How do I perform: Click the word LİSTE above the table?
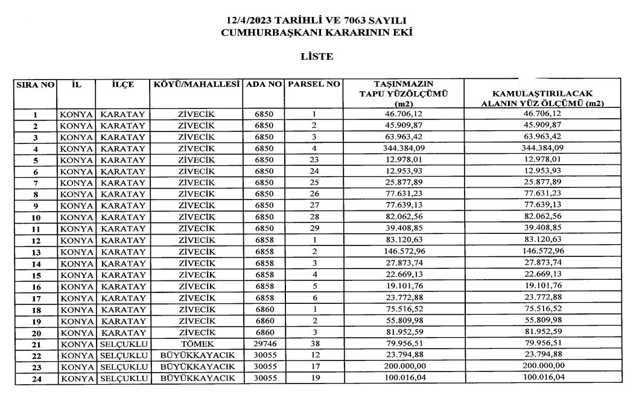coord(317,57)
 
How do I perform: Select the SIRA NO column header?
coord(36,85)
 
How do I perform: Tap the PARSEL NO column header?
coord(314,84)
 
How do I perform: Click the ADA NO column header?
coord(264,84)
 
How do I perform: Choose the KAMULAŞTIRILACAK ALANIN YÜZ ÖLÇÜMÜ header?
coord(542,98)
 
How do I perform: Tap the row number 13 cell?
coord(36,253)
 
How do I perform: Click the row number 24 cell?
coord(36,379)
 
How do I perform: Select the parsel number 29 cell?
coord(314,229)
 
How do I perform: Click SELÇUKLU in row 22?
coord(124,356)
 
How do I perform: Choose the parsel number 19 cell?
coord(314,379)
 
